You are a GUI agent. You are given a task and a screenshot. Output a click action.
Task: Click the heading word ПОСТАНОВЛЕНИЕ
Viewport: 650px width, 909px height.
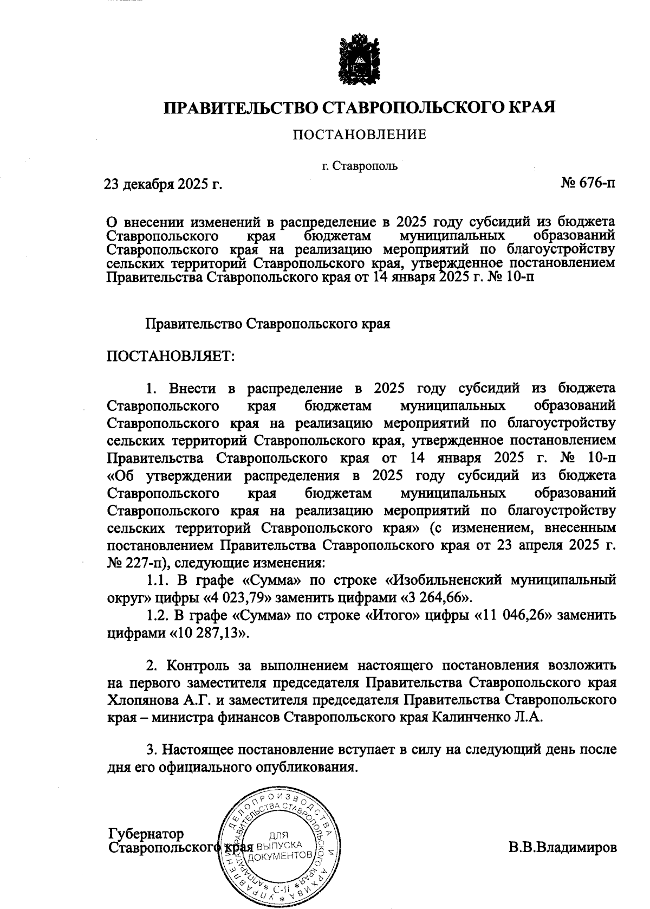coord(360,134)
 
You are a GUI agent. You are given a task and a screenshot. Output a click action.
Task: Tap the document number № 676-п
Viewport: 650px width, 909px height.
coord(588,183)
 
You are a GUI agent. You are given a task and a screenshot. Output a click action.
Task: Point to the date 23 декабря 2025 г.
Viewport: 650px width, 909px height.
coord(163,185)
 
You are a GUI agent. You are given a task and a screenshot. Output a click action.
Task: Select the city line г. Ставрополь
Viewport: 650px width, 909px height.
coord(360,166)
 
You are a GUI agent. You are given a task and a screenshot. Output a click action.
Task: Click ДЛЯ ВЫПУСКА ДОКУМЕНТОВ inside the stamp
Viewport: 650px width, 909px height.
coord(279,845)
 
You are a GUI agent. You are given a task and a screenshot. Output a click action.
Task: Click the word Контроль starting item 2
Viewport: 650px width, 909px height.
coord(209,665)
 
